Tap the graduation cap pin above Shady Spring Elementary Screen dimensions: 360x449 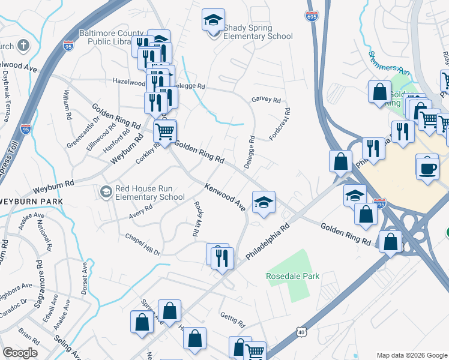point(213,20)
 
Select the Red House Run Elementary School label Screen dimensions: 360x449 point(149,193)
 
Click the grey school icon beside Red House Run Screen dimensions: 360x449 point(106,191)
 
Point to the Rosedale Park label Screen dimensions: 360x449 point(293,276)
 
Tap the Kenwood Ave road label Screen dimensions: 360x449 point(225,197)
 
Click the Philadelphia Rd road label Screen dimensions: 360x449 point(268,242)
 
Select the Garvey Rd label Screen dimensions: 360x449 point(266,100)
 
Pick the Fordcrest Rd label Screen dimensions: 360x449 point(280,124)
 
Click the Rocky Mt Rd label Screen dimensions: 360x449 point(196,219)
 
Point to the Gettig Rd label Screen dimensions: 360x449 point(233,321)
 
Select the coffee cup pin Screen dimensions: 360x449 point(427,166)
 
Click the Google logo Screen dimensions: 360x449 point(20,353)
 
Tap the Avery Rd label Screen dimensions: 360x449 point(141,212)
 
